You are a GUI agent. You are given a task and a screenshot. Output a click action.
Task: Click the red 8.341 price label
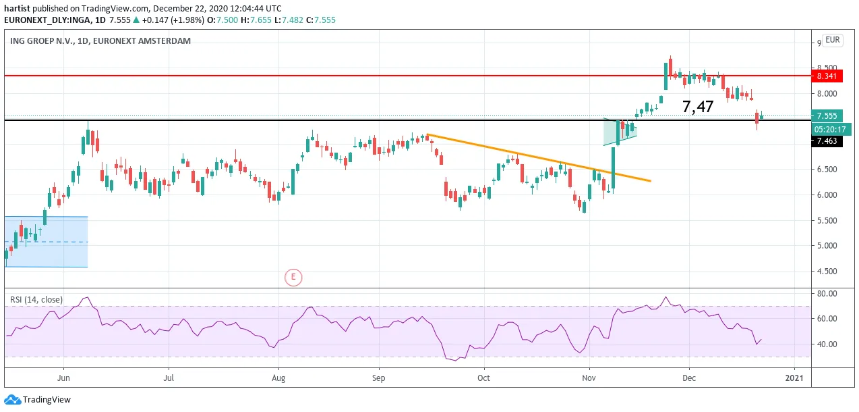[x=827, y=76]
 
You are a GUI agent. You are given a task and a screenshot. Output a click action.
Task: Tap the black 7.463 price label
[x=827, y=141]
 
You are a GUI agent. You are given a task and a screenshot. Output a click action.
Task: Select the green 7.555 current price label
[x=827, y=115]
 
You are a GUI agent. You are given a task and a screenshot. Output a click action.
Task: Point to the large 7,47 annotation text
[x=698, y=106]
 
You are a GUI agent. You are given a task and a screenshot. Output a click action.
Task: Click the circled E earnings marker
[x=293, y=277]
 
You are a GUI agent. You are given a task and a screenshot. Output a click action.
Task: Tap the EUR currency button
[x=833, y=40]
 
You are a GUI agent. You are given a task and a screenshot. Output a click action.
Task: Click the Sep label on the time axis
[x=378, y=378]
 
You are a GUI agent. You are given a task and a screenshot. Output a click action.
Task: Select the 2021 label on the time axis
[x=794, y=378]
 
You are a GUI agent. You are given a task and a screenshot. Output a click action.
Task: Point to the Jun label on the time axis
[x=63, y=378]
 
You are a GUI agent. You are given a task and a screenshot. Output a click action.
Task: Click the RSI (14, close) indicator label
[x=36, y=299]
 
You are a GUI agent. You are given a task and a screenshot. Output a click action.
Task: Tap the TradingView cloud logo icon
[x=12, y=400]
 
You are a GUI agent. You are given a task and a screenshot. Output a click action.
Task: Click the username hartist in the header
[x=17, y=8]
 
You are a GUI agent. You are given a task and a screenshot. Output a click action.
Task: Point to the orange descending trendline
[x=539, y=157]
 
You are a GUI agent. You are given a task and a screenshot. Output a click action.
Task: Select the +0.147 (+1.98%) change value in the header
[x=173, y=20]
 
